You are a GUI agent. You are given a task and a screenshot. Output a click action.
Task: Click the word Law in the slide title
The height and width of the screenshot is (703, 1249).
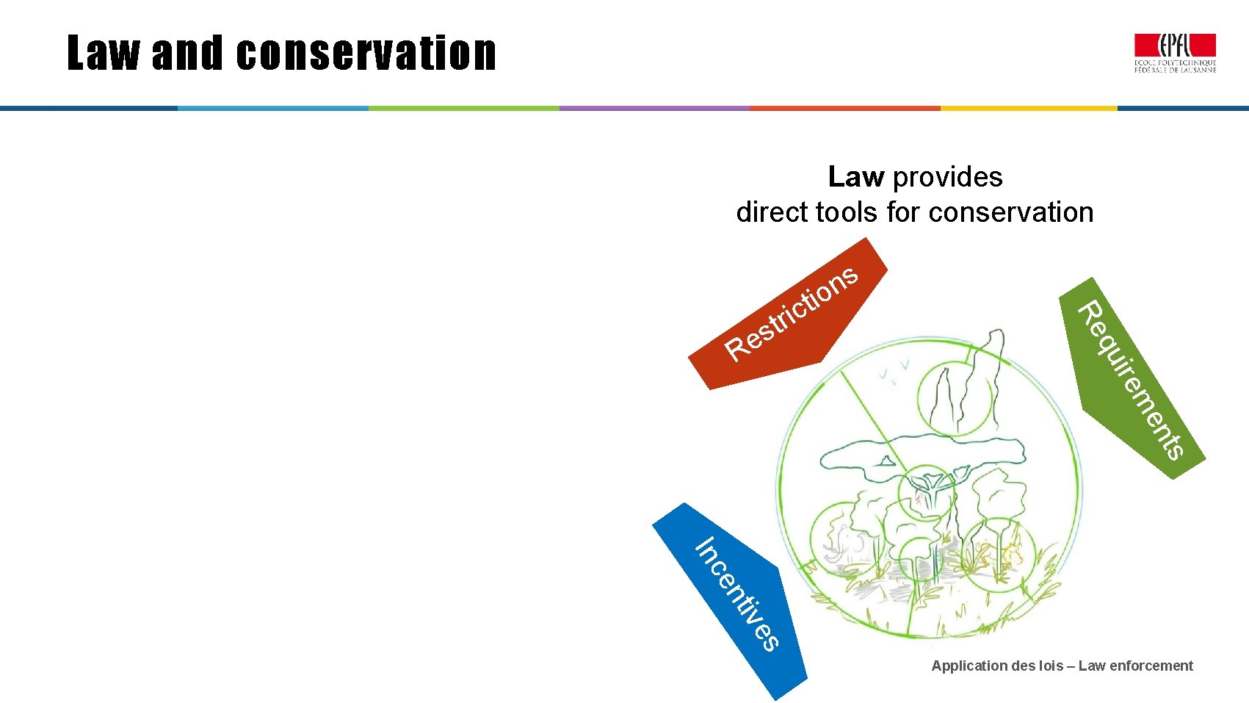tap(102, 54)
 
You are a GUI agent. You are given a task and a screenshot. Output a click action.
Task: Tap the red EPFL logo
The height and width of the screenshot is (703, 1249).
tap(1175, 47)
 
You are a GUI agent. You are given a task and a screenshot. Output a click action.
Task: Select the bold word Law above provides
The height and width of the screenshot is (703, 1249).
tap(855, 177)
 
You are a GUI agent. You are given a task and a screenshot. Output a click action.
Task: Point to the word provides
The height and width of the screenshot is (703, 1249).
tap(947, 177)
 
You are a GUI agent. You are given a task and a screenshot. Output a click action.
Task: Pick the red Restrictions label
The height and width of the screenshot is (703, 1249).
tap(789, 316)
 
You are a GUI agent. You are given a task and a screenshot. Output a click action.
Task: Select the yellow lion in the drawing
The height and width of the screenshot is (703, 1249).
tap(1010, 551)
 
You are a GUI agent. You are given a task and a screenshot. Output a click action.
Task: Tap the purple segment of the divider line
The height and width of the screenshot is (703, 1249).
tap(654, 108)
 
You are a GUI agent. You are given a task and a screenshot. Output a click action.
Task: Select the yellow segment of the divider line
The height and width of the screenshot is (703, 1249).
tap(1028, 108)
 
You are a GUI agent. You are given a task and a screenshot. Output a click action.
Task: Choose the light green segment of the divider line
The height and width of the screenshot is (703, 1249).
tap(463, 108)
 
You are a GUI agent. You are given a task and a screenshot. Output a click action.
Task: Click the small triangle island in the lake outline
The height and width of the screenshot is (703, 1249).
tap(887, 461)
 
